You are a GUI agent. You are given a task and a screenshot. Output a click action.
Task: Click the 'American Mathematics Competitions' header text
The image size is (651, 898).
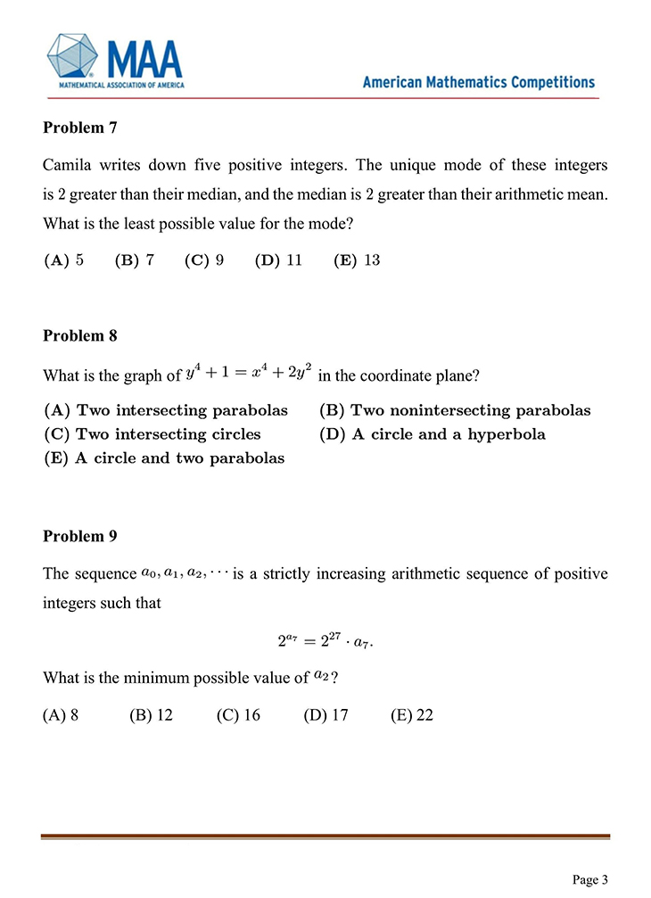479,82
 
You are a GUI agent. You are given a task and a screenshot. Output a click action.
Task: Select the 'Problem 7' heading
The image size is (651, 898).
79,128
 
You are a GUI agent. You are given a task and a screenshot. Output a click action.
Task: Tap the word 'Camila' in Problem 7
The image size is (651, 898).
67,166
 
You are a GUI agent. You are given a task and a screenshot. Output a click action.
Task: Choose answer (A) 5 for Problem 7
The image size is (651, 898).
64,260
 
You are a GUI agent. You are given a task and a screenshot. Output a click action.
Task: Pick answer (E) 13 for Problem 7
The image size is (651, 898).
357,260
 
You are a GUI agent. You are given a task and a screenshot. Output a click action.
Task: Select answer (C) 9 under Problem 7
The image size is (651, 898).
203,260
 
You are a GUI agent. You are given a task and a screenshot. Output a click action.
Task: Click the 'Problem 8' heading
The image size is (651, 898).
79,335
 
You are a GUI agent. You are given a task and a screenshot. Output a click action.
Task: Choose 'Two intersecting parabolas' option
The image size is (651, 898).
166,411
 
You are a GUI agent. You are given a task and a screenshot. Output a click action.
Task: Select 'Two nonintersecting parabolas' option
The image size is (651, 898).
455,411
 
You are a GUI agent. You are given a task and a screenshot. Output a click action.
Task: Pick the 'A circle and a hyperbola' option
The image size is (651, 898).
432,435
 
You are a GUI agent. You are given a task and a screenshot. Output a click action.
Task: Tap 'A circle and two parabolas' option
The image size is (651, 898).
164,458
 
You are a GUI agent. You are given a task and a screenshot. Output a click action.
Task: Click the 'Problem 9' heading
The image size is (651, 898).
79,536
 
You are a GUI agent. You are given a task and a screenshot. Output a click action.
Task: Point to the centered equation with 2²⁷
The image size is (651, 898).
326,640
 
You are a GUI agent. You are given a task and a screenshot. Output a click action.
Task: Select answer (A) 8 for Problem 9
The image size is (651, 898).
62,715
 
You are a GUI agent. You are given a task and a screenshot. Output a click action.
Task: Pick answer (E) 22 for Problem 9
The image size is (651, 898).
412,715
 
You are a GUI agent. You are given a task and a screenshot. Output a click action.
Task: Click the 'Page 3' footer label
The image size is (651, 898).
590,879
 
